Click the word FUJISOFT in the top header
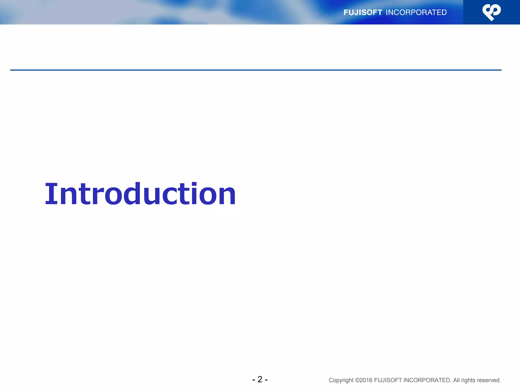[363, 12]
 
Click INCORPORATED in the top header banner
[416, 12]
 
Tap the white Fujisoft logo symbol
[491, 12]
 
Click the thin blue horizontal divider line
[254, 70]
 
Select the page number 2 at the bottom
[260, 379]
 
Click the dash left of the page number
[253, 380]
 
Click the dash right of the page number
[266, 380]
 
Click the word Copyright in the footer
[341, 380]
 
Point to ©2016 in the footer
[364, 380]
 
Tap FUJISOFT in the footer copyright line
[388, 380]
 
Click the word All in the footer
[456, 380]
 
